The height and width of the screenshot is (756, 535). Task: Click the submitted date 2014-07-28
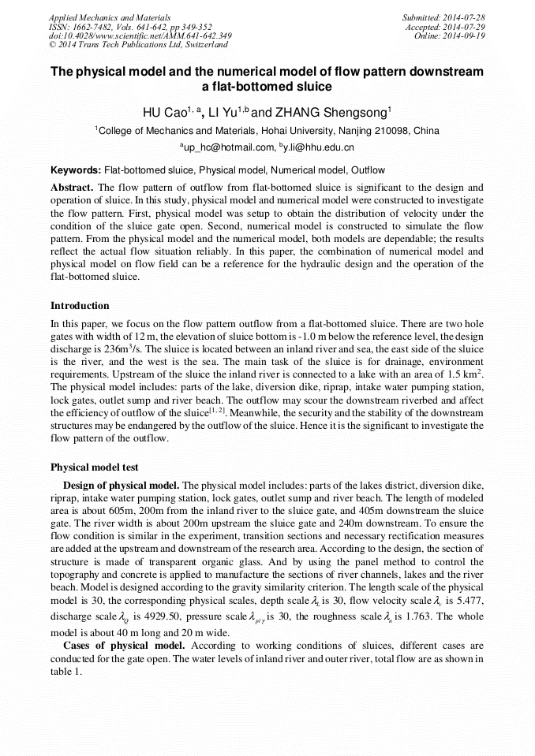(x=463, y=17)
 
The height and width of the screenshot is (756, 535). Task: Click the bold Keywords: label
(x=76, y=170)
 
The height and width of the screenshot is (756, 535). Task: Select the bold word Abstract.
(x=72, y=188)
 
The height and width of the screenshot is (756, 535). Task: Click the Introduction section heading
(x=80, y=306)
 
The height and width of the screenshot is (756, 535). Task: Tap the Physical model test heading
(x=94, y=467)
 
